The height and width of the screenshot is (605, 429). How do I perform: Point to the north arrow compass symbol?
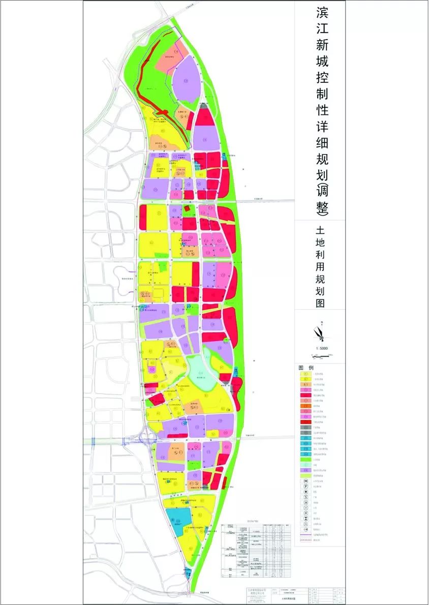click(321, 334)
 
